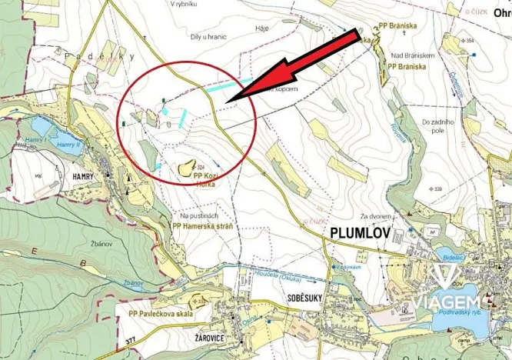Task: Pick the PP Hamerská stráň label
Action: pos(202,227)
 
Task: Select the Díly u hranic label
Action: pos(208,35)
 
